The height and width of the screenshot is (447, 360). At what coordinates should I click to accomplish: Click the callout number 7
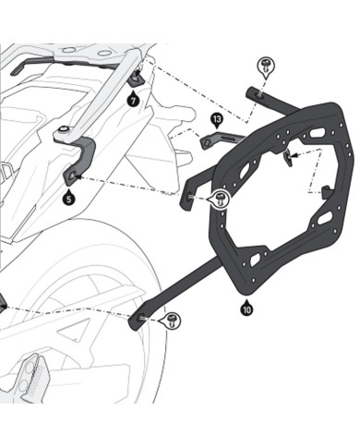pos(134,98)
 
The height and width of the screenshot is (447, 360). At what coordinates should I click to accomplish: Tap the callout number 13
pos(216,120)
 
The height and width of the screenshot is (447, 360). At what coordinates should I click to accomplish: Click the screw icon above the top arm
pos(263,64)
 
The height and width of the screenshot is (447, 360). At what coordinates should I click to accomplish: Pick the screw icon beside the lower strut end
pos(172,320)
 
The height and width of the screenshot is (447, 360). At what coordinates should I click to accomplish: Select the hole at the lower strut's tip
pos(141,317)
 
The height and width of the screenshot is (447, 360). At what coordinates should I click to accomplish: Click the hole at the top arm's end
pos(253,91)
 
